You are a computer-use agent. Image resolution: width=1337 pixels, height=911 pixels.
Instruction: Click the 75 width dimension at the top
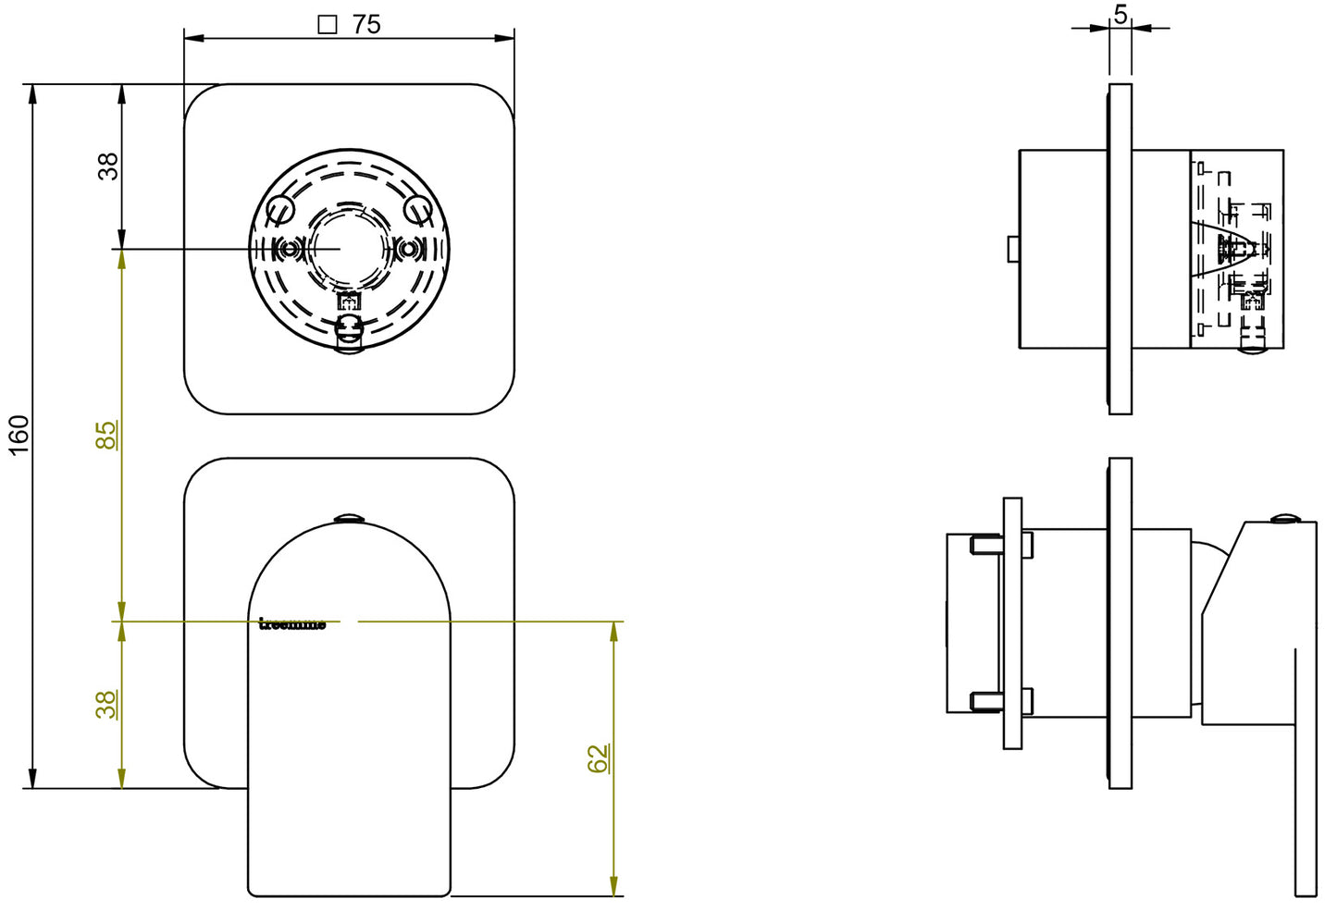coord(365,24)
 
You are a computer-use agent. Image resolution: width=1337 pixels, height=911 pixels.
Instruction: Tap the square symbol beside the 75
coord(327,25)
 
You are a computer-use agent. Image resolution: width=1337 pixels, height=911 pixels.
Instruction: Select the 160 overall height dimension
coord(19,435)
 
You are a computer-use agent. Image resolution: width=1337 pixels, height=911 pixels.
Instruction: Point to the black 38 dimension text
coord(108,166)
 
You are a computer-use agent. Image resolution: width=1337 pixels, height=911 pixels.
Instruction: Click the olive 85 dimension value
coord(107,435)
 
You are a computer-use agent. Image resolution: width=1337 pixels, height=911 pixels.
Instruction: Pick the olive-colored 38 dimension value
coord(107,705)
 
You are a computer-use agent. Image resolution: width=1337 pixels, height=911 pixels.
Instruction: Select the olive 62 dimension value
coord(598,758)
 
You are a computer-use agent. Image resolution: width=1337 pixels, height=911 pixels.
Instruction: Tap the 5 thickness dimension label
coord(1120,14)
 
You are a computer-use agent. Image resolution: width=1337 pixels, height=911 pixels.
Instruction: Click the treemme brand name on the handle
coord(292,624)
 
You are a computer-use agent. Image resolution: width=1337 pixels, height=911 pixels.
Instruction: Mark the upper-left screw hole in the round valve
coord(279,211)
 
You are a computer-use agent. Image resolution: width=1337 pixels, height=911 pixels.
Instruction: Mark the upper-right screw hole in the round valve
coord(418,211)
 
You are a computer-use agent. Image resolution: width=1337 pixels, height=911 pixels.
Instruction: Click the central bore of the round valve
coord(340,248)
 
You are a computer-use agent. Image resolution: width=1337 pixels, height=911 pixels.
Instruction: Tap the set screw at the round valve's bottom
coord(350,333)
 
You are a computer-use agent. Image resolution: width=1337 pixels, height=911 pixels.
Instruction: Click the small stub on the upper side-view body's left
coord(1013,249)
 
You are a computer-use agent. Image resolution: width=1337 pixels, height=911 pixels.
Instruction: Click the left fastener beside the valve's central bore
coord(291,249)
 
